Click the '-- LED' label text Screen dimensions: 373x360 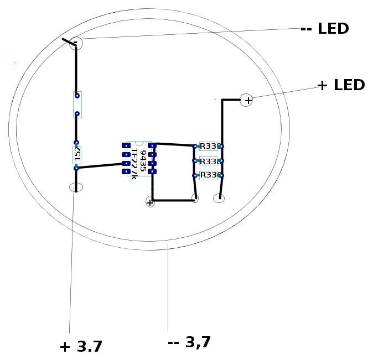(x=325, y=29)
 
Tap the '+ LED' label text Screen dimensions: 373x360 (x=341, y=85)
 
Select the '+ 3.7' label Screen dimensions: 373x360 (x=81, y=346)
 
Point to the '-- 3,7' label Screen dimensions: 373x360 (x=189, y=342)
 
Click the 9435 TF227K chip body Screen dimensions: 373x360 (x=139, y=159)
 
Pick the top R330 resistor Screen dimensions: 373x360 (x=208, y=146)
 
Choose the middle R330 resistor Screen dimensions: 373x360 (x=208, y=161)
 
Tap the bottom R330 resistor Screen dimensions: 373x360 (x=208, y=175)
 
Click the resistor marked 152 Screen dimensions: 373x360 (x=76, y=155)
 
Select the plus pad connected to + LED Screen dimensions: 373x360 (x=246, y=100)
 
